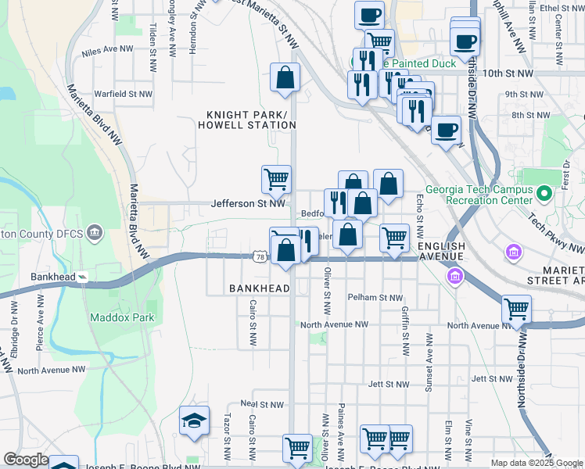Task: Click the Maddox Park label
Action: [122, 317]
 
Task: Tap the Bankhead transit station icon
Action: [84, 277]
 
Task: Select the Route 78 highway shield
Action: [260, 256]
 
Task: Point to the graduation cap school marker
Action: [194, 422]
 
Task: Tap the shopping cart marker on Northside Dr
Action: [516, 310]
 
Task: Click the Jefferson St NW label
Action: [247, 203]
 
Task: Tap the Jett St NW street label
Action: [389, 384]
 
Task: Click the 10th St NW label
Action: [508, 73]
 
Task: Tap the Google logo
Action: [26, 460]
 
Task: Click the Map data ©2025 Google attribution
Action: [536, 463]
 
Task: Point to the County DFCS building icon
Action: [95, 231]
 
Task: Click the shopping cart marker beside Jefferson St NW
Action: [276, 180]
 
